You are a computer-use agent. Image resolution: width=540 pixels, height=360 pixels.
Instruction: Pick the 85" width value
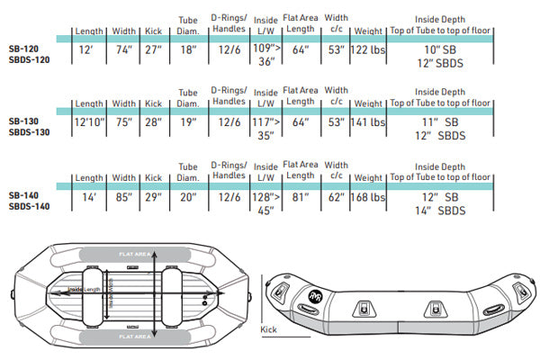point(123,197)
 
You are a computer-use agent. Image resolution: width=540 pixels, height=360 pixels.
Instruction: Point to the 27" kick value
point(154,49)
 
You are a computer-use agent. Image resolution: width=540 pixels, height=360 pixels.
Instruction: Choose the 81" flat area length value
point(300,197)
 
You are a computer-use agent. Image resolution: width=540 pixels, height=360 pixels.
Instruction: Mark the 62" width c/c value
point(335,197)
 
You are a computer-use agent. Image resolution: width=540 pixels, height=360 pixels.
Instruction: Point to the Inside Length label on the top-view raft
point(82,289)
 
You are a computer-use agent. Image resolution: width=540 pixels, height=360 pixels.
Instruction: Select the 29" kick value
point(154,197)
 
